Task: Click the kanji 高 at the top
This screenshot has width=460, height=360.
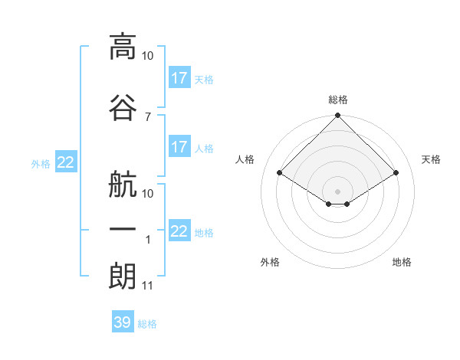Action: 123,47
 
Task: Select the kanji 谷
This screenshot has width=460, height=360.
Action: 123,107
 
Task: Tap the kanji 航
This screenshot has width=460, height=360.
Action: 123,185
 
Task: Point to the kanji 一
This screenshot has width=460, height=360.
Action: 123,229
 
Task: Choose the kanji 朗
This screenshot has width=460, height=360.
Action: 123,277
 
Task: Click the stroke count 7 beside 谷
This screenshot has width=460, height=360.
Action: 148,117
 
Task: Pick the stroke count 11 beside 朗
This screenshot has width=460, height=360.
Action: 147,286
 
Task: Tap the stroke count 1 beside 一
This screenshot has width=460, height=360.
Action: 148,240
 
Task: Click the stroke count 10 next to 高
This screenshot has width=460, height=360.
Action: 147,56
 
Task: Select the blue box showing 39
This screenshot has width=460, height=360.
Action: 123,321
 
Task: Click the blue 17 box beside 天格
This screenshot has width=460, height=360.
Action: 180,77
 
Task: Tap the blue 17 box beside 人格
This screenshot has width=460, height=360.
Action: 180,146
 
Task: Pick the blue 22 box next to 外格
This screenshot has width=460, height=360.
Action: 66,162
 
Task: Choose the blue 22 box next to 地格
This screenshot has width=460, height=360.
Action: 180,230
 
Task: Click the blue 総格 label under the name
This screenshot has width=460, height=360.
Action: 147,324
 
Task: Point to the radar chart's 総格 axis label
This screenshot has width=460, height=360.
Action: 338,100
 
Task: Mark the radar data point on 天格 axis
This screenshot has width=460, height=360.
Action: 396,172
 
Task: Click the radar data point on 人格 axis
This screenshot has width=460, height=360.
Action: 279,172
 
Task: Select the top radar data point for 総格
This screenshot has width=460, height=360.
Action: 337,115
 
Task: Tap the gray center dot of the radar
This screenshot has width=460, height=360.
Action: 337,191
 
